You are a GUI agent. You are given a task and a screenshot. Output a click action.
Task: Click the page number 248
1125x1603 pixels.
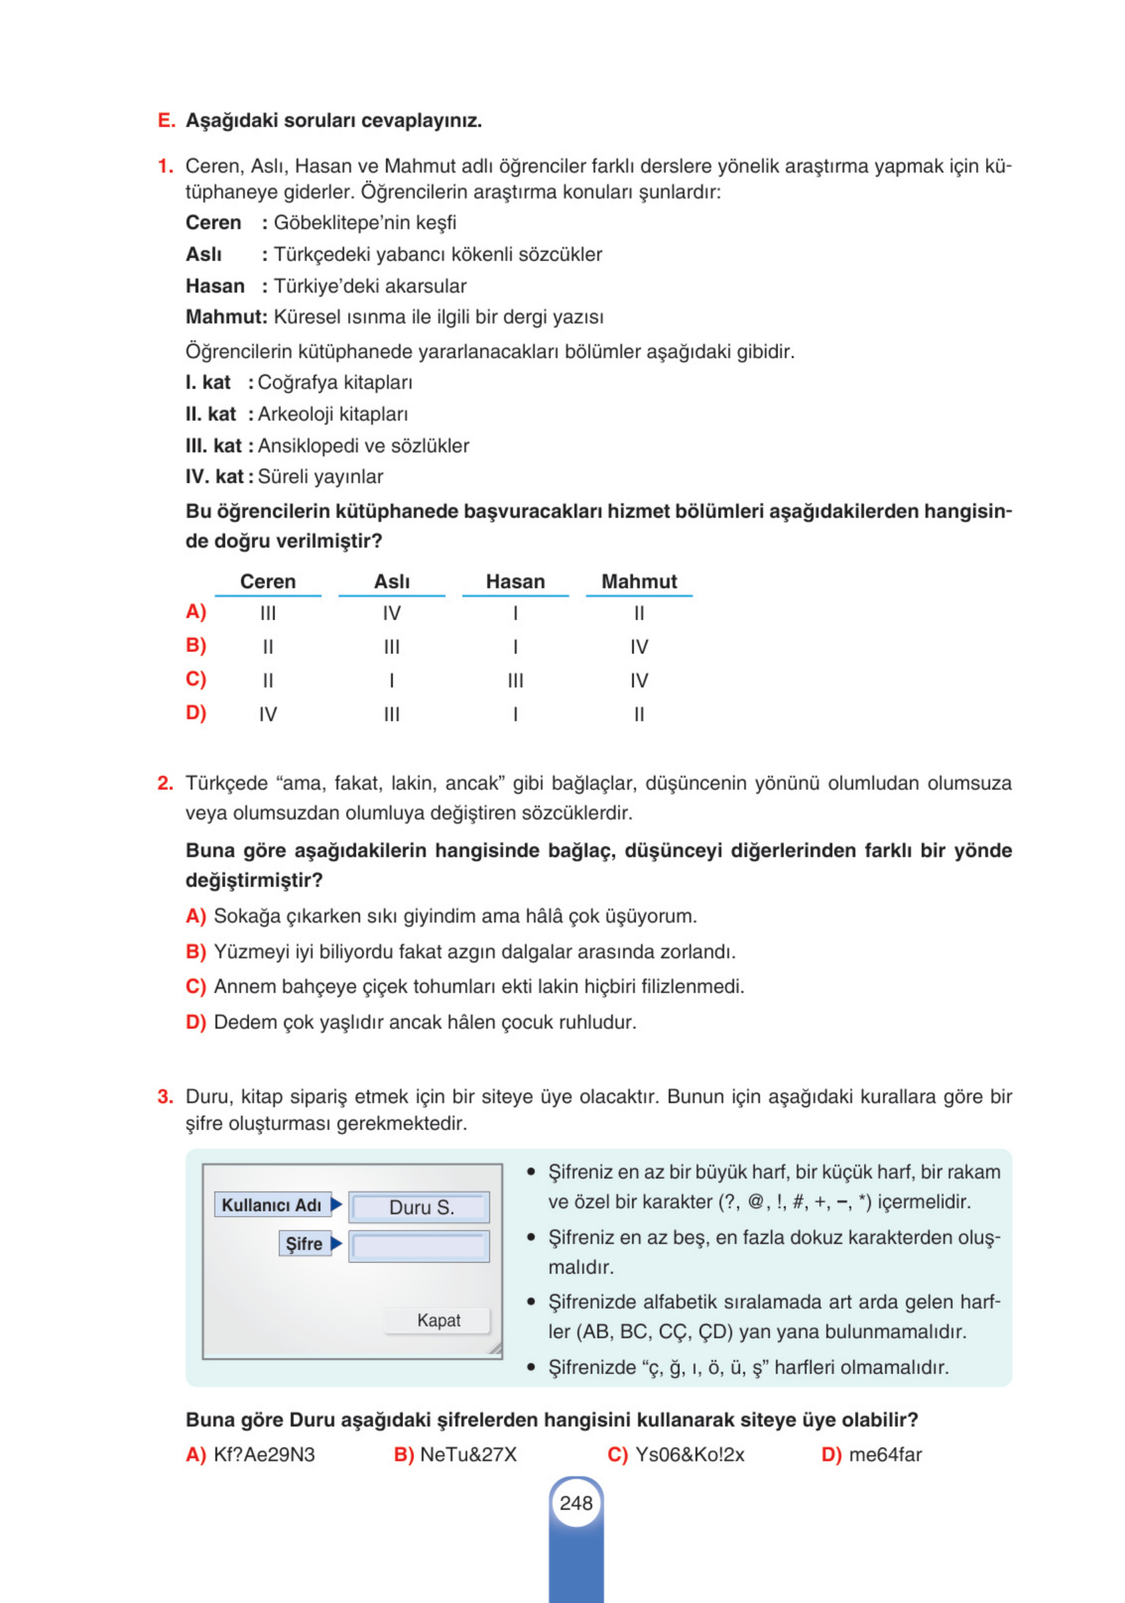(x=575, y=1502)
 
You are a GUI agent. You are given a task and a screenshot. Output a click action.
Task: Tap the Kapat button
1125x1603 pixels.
(x=438, y=1319)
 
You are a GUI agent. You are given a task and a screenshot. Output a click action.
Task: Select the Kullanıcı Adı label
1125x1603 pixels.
(x=271, y=1204)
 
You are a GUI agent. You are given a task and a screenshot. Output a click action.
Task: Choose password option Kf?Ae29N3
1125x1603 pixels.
(x=263, y=1454)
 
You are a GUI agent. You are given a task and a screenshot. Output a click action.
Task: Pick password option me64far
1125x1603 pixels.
(x=884, y=1454)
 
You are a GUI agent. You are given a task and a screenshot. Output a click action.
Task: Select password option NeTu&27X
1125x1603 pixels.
(x=468, y=1454)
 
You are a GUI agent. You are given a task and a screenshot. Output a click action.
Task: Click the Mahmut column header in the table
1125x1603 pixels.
(x=638, y=581)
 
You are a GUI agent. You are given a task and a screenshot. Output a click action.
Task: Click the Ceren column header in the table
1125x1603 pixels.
(x=267, y=581)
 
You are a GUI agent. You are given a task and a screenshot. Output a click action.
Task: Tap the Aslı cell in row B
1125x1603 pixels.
(x=391, y=647)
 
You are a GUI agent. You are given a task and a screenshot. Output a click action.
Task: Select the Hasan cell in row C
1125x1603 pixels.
(x=515, y=680)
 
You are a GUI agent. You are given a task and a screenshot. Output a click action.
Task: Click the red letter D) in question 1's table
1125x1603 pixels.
(x=196, y=713)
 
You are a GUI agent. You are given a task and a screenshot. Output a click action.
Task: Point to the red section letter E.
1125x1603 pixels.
(x=165, y=121)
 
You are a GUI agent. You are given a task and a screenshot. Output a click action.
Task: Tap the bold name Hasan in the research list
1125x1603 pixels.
(x=214, y=286)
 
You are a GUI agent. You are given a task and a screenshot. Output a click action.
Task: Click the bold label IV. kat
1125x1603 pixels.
(x=214, y=476)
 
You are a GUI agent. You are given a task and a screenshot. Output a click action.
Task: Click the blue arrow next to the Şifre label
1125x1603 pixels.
(x=336, y=1243)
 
